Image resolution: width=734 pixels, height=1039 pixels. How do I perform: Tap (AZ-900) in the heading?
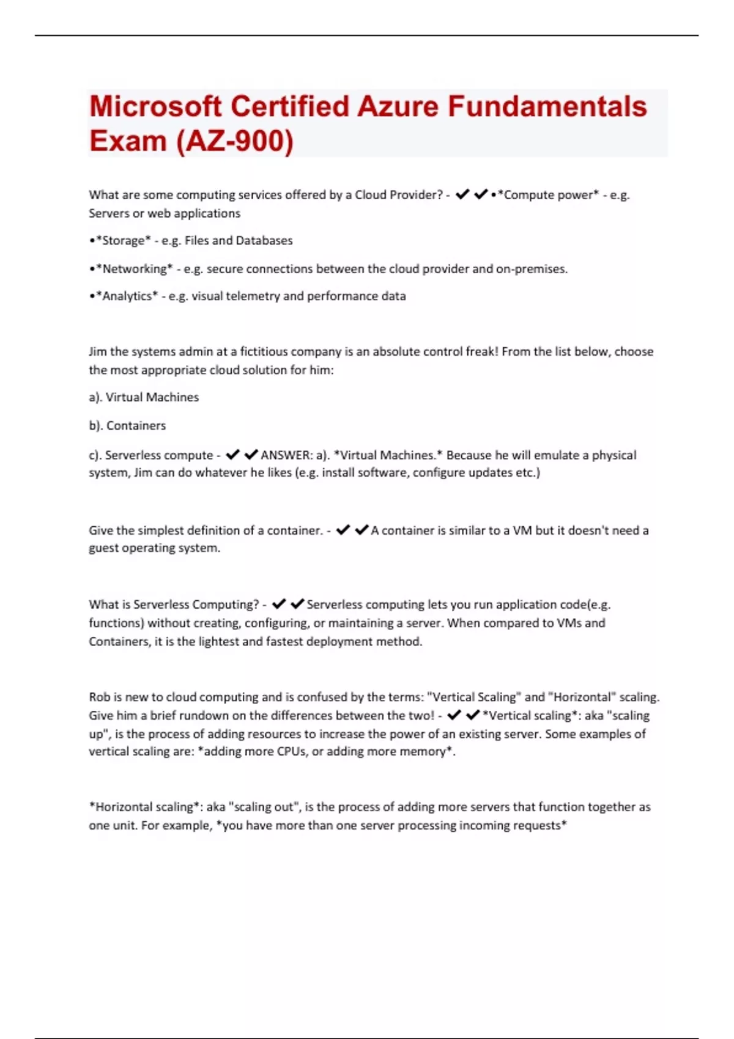(235, 141)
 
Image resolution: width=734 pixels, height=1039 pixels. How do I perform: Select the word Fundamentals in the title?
(547, 106)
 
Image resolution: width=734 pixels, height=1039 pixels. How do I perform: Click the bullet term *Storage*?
(122, 241)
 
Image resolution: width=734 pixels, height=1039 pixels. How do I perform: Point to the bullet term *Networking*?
(134, 269)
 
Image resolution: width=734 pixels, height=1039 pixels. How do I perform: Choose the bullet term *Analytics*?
(127, 296)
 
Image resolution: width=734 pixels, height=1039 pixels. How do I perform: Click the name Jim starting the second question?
(97, 351)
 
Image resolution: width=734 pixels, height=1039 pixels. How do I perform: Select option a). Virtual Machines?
(144, 397)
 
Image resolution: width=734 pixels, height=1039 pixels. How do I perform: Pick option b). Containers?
(127, 425)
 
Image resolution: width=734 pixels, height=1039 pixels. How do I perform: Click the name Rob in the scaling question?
(99, 697)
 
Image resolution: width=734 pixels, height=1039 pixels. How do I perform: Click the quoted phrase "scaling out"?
(264, 807)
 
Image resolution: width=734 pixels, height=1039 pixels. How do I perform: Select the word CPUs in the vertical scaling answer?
(292, 752)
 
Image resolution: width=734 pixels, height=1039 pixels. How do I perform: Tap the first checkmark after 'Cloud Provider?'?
(462, 194)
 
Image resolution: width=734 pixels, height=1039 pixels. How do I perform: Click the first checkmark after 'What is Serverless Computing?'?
(279, 604)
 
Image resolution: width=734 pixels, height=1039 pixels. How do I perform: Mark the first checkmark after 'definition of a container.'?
(343, 530)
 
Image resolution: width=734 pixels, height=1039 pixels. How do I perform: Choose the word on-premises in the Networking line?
(531, 269)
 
